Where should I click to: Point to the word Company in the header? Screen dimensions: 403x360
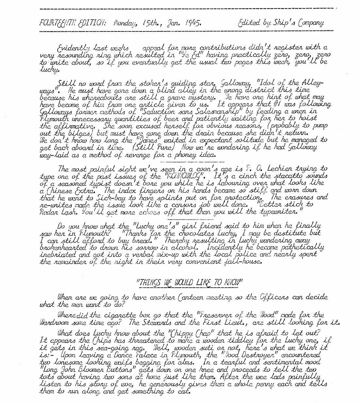click(311, 23)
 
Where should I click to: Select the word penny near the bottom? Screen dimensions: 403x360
click(264, 384)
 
